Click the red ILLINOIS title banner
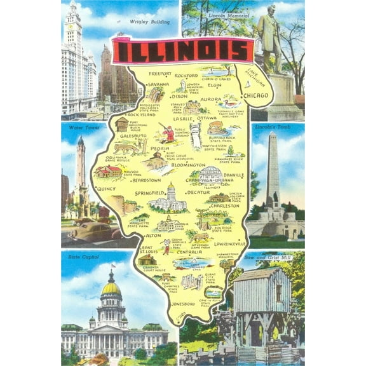point(182,50)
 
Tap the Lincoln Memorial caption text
point(222,14)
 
